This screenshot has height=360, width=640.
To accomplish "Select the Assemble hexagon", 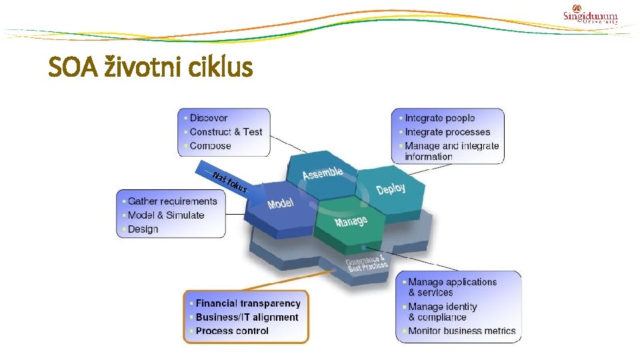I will pos(323,175).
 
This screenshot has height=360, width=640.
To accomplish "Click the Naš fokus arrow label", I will pos(231,182).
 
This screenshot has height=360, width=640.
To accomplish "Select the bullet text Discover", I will pos(209,118).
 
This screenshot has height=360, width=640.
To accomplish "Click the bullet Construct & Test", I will pos(226,132).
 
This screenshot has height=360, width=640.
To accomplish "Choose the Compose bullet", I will pos(211,146).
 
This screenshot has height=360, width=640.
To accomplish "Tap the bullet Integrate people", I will pos(440,118).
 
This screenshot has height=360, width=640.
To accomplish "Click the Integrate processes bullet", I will pos(447,132).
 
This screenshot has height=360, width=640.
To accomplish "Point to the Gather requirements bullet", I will pos(173,201).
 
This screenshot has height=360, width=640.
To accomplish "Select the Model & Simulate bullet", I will pos(166,215).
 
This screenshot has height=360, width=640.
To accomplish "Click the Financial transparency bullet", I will pos(248,303).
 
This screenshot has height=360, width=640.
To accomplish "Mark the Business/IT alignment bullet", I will pos(247,317).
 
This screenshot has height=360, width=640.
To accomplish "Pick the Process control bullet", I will pos(232,331).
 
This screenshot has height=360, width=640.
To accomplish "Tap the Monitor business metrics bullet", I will pos(462,331).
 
